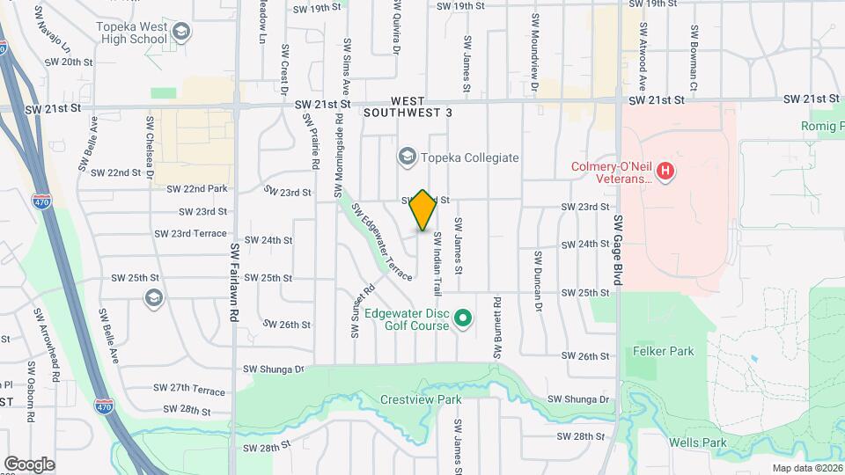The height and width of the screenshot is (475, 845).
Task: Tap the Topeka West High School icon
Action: click(181, 33)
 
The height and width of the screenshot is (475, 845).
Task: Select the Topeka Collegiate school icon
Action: click(407, 157)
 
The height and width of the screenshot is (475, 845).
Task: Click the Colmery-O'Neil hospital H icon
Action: click(665, 170)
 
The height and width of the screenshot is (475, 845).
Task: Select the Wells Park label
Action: click(697, 442)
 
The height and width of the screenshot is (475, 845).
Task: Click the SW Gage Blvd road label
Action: click(618, 250)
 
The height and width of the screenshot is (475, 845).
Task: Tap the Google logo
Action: click(29, 464)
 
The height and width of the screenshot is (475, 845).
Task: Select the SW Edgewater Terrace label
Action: click(382, 242)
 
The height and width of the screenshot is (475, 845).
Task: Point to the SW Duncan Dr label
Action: click(536, 280)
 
